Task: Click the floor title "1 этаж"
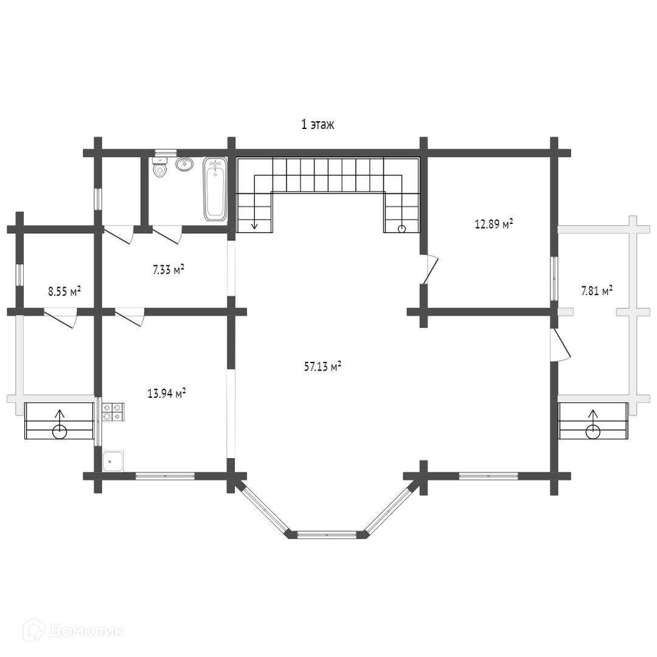click(318, 125)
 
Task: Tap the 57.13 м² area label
click(322, 366)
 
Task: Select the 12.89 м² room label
click(493, 224)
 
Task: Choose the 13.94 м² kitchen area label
click(167, 394)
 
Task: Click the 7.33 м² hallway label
click(169, 269)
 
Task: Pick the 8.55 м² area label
click(64, 291)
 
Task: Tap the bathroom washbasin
click(184, 164)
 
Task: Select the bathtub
click(215, 189)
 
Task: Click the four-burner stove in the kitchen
click(113, 412)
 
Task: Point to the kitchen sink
click(113, 461)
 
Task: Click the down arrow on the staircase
click(254, 224)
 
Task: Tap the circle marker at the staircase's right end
click(401, 228)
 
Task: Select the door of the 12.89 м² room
click(430, 269)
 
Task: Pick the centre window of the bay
click(327, 535)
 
